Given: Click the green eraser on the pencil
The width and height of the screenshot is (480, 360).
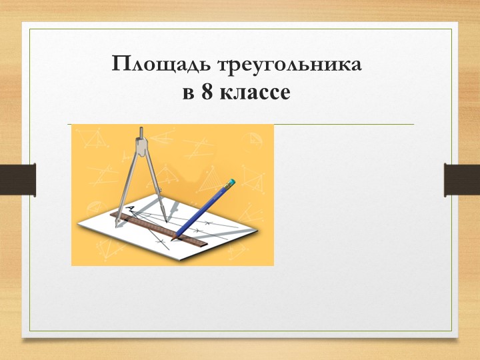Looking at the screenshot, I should pyautogui.click(x=231, y=181).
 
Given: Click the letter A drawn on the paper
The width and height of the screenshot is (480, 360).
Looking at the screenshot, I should pyautogui.click(x=130, y=209).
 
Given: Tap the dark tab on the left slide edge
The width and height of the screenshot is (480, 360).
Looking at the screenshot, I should pyautogui.click(x=17, y=179).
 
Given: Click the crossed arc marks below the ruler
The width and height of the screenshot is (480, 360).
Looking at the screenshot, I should pyautogui.click(x=160, y=241).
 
